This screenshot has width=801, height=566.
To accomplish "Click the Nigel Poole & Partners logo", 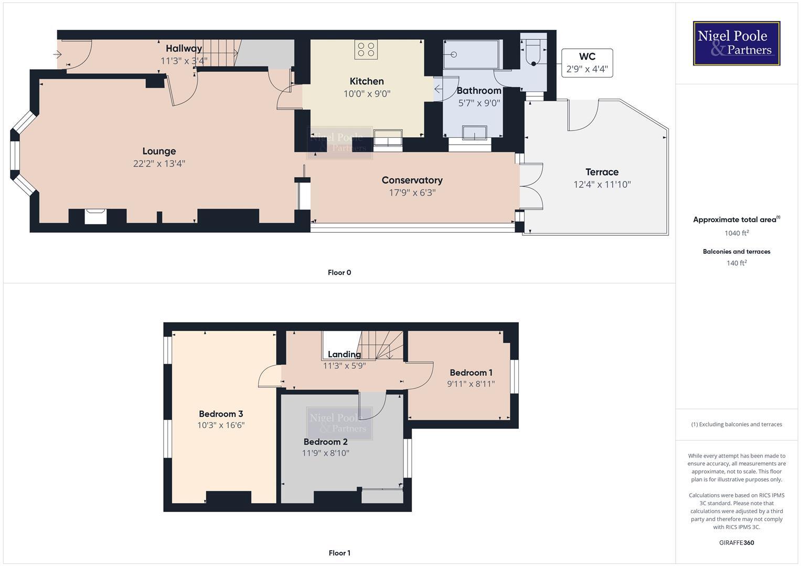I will pos(736,43).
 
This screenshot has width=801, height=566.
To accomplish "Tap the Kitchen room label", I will pos(367,81).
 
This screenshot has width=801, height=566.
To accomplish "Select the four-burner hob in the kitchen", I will pos(366,49).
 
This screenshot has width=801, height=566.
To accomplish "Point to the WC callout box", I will pos(587,63).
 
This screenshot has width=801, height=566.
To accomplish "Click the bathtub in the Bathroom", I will pos(471,55).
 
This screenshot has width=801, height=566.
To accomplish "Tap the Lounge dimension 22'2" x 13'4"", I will pos(159,164).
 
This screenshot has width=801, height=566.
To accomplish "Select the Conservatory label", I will pos(412,180).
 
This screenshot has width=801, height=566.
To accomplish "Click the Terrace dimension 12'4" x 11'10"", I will pos(602,184).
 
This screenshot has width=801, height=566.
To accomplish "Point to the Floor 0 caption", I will pos(339,273).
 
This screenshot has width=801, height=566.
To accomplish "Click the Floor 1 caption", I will pos(339,553).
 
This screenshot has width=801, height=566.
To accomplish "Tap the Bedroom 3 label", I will pos(221,414).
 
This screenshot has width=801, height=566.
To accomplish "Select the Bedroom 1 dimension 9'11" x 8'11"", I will pos(471,384).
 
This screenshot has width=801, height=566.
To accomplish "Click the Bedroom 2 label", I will pos(325,442).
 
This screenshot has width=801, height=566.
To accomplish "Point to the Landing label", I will pos(344,354).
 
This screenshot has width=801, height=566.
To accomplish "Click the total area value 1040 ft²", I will pos(736,233).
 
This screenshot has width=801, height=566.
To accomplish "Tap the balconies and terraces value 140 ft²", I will pos(736,263).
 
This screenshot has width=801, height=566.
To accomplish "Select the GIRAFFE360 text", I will pos(736,542).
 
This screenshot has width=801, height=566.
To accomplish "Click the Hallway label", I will pos(184,48).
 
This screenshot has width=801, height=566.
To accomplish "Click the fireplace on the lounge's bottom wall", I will pos(95,216).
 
